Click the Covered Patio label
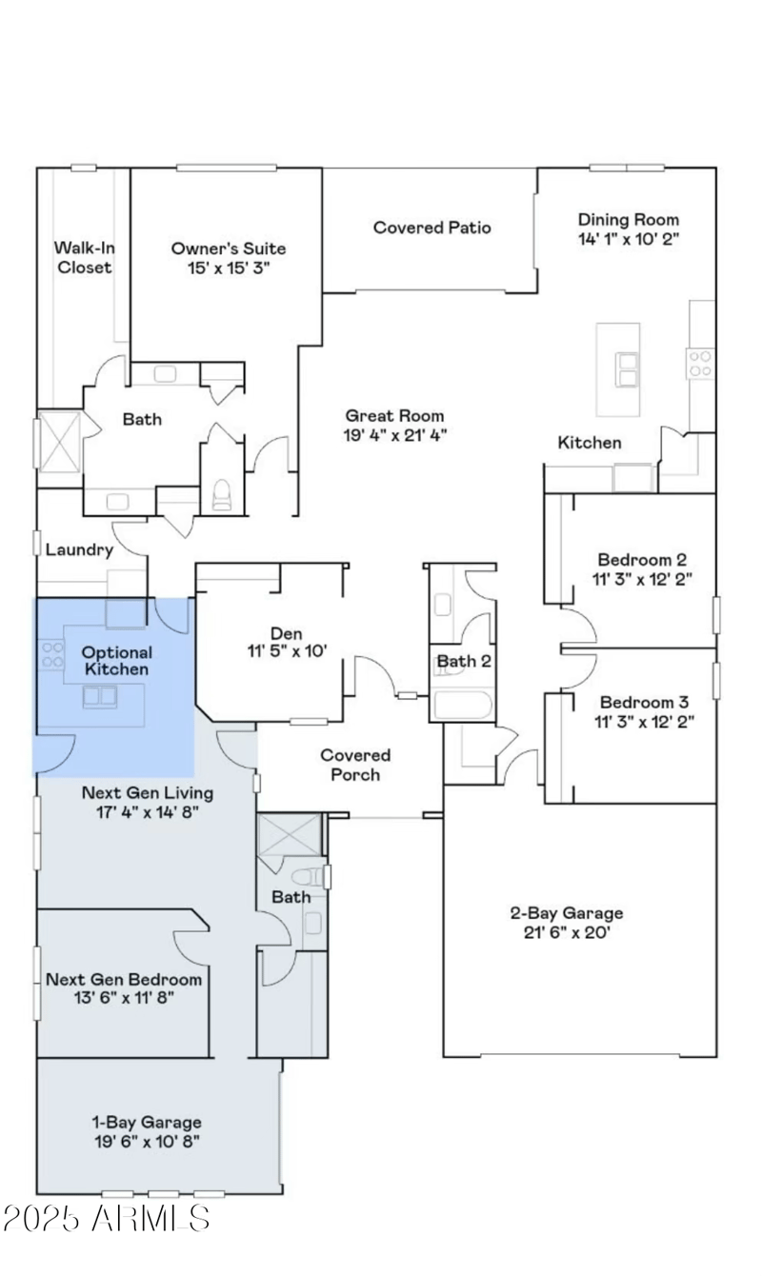(x=431, y=228)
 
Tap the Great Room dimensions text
(x=394, y=435)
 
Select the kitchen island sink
(x=627, y=369)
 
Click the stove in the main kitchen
(x=700, y=362)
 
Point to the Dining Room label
(x=629, y=219)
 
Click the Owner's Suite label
(x=228, y=249)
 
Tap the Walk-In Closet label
(x=84, y=258)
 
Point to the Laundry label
(x=79, y=549)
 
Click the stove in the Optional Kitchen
(x=51, y=654)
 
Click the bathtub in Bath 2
(x=462, y=707)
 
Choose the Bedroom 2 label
(x=641, y=560)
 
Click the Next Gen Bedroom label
(x=124, y=979)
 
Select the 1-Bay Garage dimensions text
(x=146, y=1141)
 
